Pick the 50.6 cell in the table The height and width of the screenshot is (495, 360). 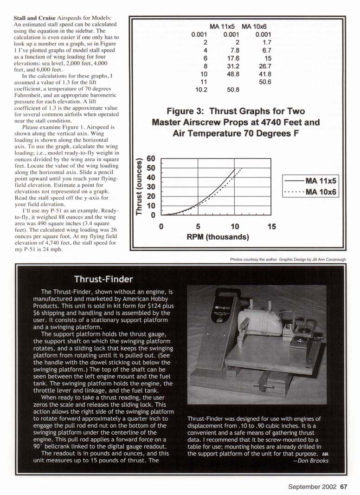263,82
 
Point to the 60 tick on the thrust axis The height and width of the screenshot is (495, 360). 151,159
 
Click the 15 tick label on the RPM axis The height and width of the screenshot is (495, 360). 271,227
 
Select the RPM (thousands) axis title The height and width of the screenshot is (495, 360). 218,237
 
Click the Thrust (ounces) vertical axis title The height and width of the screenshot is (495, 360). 138,187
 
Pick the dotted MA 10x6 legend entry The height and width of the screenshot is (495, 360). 311,191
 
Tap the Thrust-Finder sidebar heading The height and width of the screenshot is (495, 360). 103,279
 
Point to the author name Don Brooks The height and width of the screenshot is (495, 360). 313,461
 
